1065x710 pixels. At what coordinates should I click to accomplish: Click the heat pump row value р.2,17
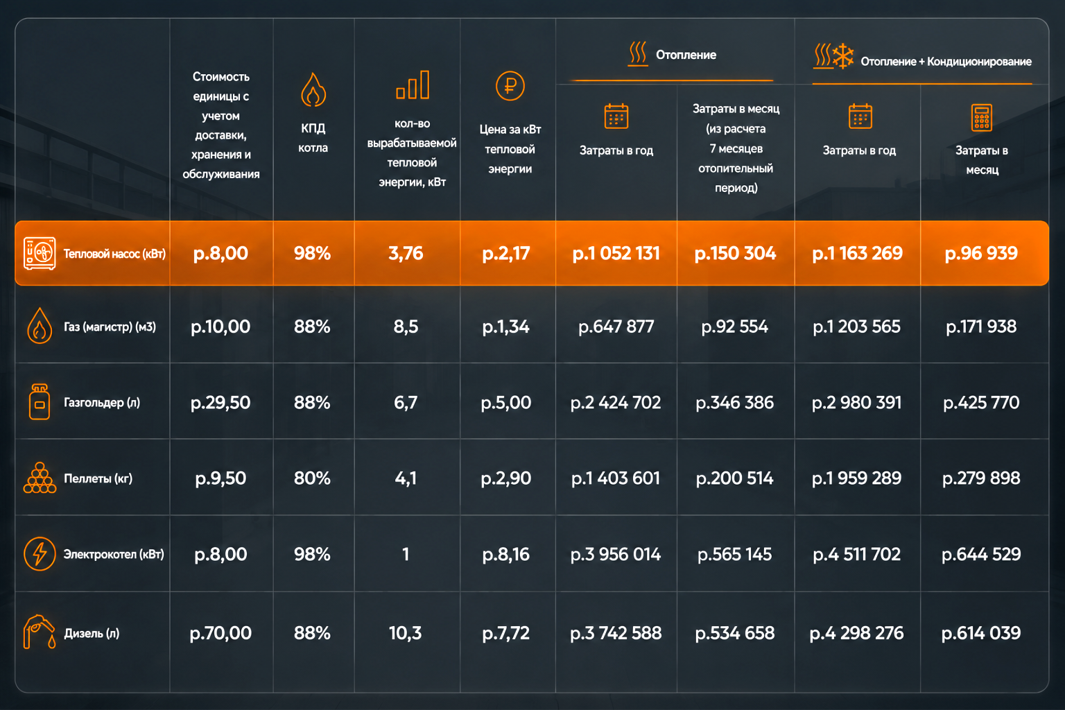[x=506, y=254]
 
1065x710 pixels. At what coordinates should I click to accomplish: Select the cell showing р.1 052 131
[x=616, y=254]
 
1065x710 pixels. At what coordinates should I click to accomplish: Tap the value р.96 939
[x=981, y=254]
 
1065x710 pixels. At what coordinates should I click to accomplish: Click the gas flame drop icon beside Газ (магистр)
[x=40, y=326]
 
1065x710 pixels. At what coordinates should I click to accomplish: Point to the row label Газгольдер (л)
[x=102, y=403]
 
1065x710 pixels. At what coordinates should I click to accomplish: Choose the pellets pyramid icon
[x=40, y=478]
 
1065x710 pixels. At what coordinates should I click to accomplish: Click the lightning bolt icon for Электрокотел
[x=40, y=553]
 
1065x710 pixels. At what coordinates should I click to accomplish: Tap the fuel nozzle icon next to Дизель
[x=40, y=632]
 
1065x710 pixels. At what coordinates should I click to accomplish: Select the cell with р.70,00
[x=220, y=633]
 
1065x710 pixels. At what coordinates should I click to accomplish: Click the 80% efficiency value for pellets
[x=312, y=478]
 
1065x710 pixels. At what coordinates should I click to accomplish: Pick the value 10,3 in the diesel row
[x=405, y=633]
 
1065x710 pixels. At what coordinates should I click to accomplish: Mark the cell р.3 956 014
[x=616, y=554]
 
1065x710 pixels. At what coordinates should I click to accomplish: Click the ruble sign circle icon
[x=510, y=86]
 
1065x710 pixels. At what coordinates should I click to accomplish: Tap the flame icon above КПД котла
[x=313, y=89]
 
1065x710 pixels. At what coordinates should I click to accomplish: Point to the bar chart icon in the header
[x=413, y=85]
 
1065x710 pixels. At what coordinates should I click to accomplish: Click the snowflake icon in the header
[x=843, y=56]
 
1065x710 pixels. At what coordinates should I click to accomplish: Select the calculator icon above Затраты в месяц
[x=982, y=117]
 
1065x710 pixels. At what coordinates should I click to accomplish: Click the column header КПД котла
[x=313, y=138]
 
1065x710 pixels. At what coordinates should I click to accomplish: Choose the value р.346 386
[x=735, y=403]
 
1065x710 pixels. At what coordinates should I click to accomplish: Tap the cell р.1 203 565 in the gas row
[x=857, y=327]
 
